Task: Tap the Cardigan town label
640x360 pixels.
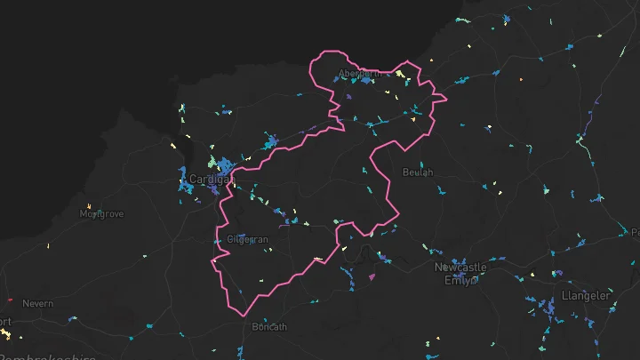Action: [212, 180]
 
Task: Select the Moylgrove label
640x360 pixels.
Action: [101, 214]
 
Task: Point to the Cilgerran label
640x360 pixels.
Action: [247, 239]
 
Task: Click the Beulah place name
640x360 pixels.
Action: [418, 172]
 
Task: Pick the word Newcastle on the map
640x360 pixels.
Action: [460, 267]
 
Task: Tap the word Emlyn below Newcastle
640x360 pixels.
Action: [460, 280]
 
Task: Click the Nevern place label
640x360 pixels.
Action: [38, 304]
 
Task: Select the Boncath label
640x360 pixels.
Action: [269, 326]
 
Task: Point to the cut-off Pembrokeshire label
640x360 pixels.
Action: [48, 356]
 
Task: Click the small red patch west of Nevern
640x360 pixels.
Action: [8, 299]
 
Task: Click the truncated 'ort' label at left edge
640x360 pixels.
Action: [5, 321]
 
